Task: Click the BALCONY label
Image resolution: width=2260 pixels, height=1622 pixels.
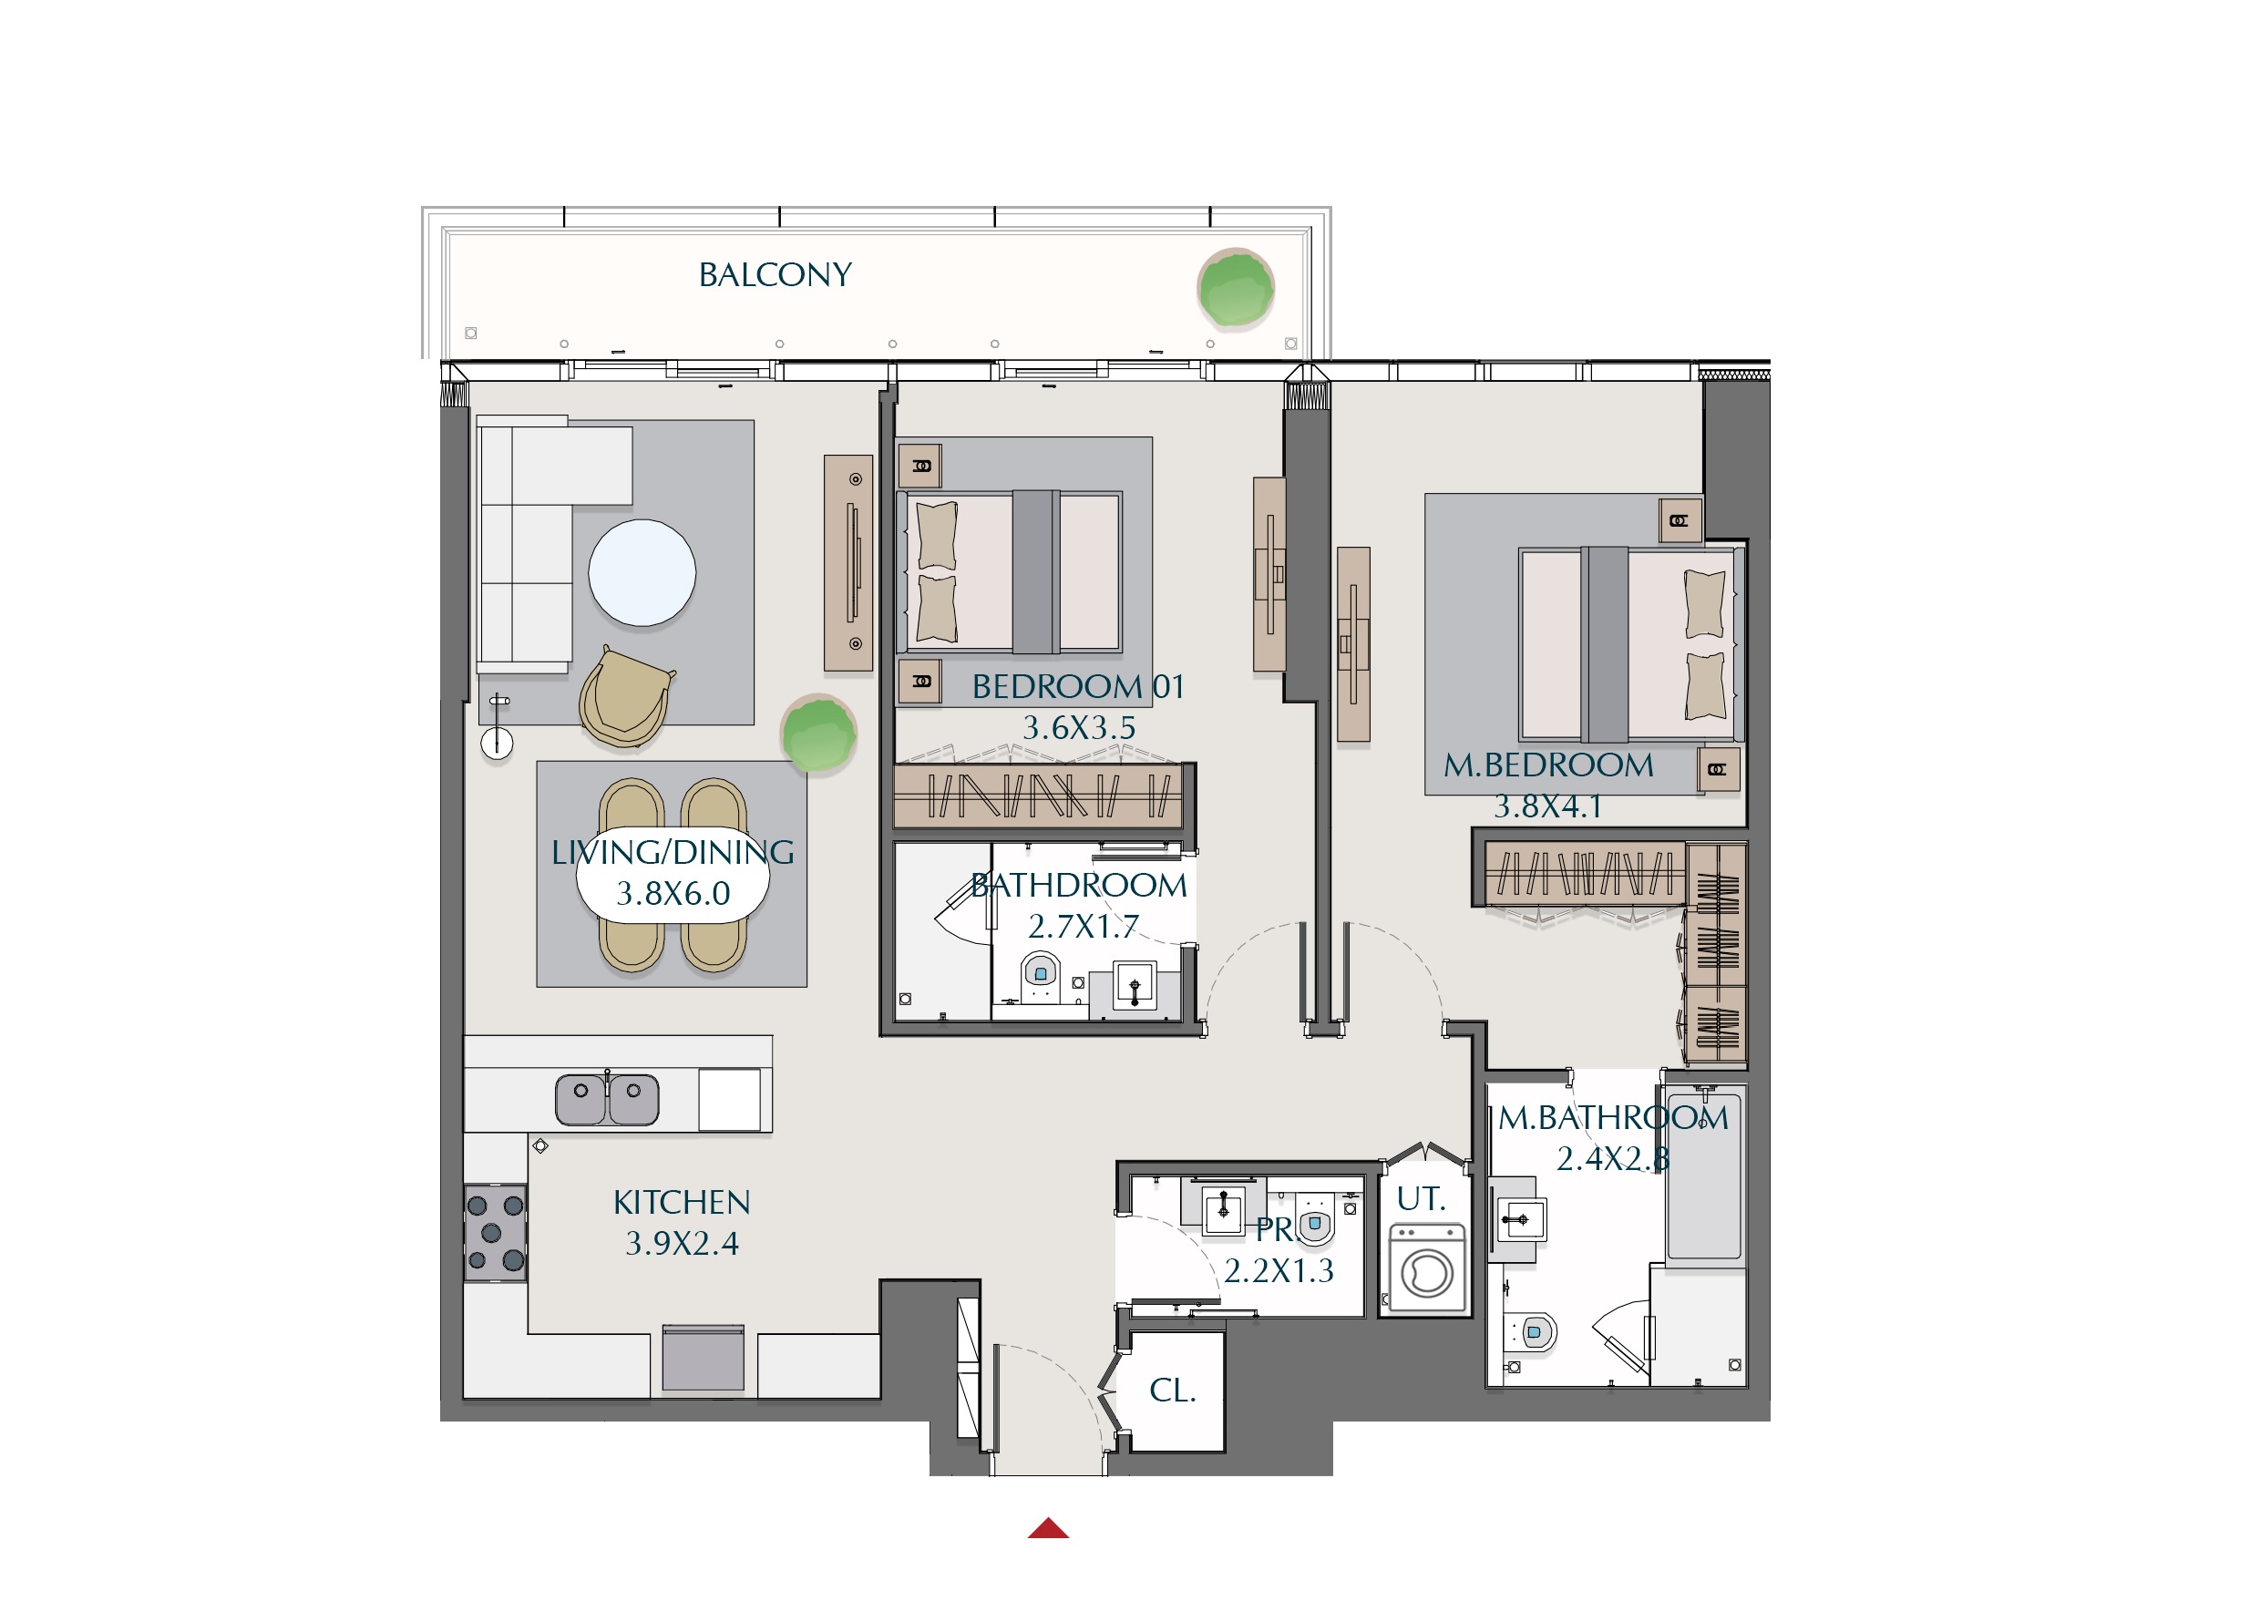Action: (x=776, y=275)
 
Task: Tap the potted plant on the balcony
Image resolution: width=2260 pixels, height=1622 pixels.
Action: (x=1236, y=289)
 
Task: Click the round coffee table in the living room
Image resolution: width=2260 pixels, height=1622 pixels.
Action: (x=642, y=573)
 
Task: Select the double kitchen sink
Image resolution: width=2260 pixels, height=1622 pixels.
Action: (x=607, y=1099)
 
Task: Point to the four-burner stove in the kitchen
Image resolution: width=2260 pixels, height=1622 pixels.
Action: (x=495, y=1232)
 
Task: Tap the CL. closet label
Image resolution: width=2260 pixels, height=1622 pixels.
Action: (x=1172, y=1390)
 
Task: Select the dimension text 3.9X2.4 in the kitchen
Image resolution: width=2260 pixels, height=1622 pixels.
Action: (x=682, y=1244)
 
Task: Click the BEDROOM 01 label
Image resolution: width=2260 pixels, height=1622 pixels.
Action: (x=1077, y=686)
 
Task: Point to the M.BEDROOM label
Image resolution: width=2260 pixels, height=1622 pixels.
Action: (x=1548, y=765)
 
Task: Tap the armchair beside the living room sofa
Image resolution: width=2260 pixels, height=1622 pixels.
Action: (x=625, y=696)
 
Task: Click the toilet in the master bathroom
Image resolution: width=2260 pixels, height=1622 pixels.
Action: (x=1533, y=1331)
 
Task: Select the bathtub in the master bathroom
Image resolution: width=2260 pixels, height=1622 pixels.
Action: (x=1705, y=1175)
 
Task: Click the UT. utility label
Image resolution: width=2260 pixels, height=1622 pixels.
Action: (x=1420, y=1198)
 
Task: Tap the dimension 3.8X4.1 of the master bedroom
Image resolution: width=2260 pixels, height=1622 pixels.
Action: (x=1547, y=806)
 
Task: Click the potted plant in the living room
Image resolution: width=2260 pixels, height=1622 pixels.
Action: (x=818, y=735)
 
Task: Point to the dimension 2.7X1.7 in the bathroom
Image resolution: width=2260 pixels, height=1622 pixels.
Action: (x=1083, y=927)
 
